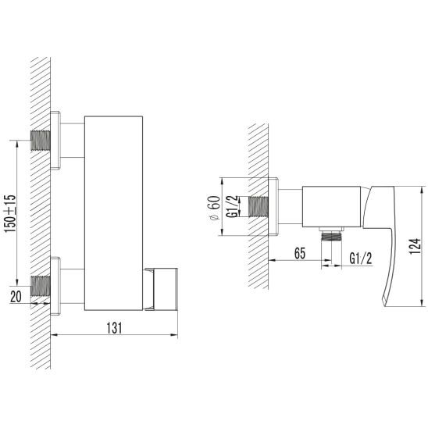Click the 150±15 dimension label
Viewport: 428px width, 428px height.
coord(9,213)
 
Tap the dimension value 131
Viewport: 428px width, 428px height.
coord(114,328)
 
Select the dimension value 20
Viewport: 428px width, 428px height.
coord(16,297)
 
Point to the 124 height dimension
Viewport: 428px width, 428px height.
coord(415,246)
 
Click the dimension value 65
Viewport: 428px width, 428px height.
coord(300,253)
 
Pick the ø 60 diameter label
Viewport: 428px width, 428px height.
coord(215,208)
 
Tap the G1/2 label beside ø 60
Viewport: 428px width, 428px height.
coord(232,206)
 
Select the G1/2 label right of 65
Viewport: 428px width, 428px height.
coord(361,259)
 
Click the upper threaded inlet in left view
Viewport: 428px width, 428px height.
coord(41,141)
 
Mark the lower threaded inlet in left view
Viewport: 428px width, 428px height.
coord(41,286)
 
